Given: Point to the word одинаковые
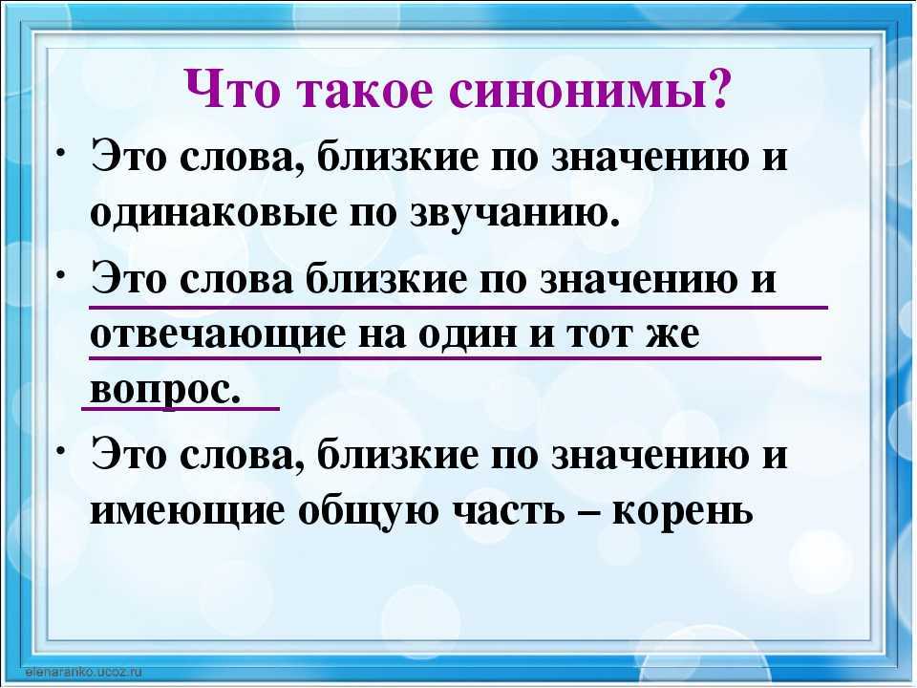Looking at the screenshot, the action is click(213, 213).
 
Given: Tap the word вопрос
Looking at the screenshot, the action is click(165, 389).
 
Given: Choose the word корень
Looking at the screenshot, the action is click(682, 510).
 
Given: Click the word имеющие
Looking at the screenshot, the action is click(187, 510).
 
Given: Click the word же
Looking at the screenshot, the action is click(670, 336).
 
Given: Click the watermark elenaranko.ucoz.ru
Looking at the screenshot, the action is click(84, 672).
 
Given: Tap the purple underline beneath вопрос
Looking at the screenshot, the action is click(181, 409).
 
